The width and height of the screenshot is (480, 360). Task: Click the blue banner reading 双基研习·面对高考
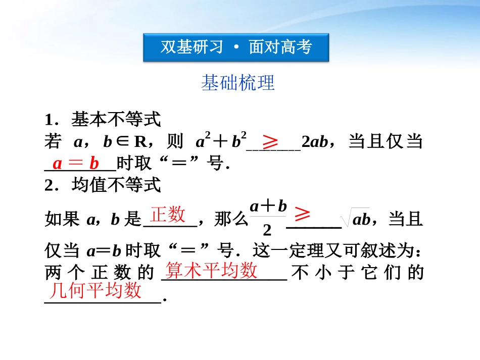point(236,47)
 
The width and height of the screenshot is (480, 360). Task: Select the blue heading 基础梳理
point(237,83)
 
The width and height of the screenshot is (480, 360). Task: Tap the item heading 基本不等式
point(116,120)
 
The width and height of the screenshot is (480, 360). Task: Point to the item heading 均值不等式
point(116,185)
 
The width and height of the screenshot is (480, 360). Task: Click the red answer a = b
point(76,163)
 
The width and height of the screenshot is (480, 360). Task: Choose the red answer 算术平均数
point(212,271)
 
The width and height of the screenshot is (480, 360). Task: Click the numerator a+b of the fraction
point(268,206)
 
